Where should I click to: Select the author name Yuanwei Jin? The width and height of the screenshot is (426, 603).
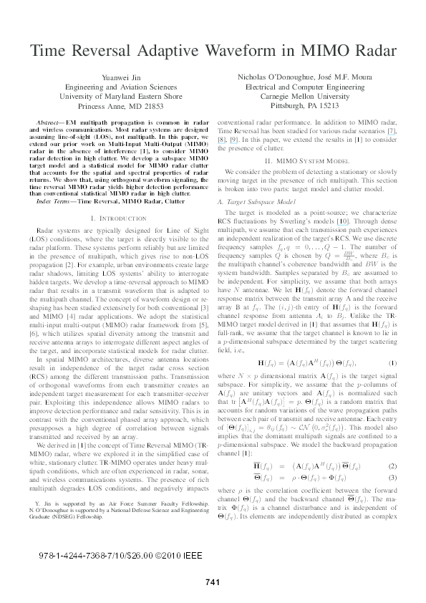coord(112,78)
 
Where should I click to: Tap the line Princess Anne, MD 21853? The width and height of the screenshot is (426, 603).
coord(112,106)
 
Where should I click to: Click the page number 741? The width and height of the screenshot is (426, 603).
coord(213,582)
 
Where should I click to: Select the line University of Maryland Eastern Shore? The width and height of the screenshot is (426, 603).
coord(112,97)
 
